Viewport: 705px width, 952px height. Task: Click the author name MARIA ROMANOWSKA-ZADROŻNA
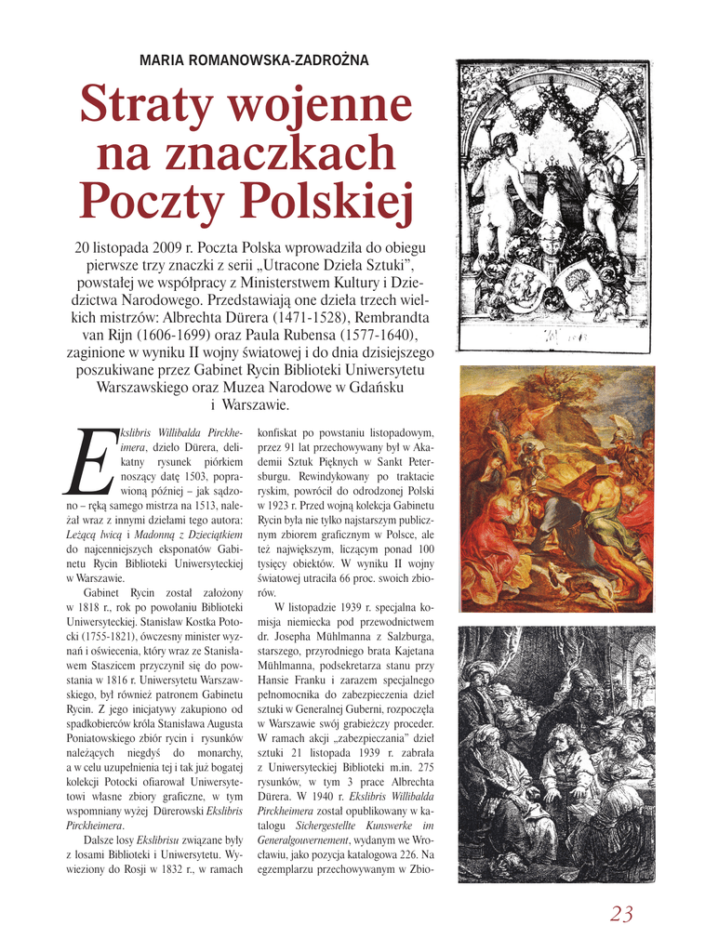254,60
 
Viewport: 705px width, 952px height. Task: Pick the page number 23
621,914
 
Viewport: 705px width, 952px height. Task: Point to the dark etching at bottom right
556,754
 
